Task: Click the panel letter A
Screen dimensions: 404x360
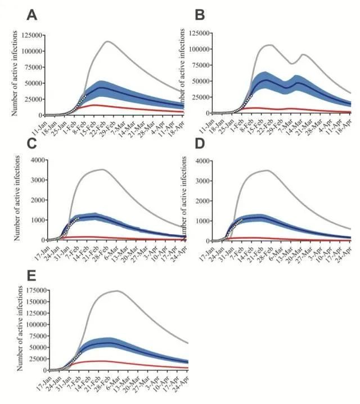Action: click(32, 15)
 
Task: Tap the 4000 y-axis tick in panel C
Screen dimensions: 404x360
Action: click(30, 161)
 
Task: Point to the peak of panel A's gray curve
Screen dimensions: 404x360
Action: click(107, 41)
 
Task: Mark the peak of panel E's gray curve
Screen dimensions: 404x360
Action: click(116, 291)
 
